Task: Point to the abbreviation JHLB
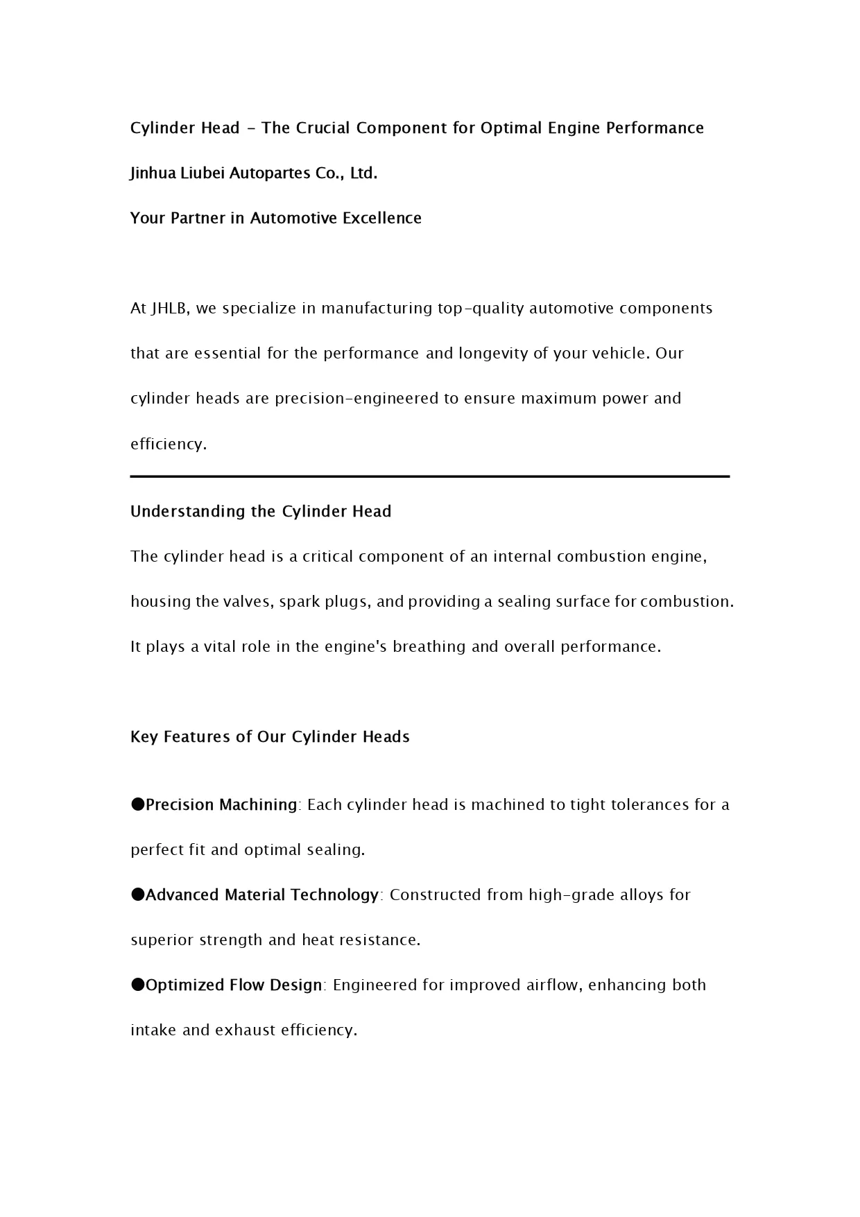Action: click(170, 309)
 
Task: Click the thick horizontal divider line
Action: click(430, 476)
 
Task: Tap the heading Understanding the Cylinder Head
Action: click(261, 512)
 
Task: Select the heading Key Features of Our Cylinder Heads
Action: click(270, 737)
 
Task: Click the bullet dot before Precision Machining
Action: click(137, 804)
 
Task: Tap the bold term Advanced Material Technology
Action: click(262, 895)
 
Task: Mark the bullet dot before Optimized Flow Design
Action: click(137, 985)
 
